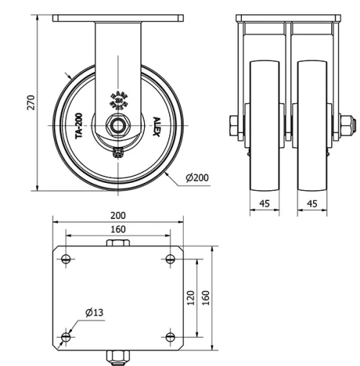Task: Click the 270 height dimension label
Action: click(x=30, y=103)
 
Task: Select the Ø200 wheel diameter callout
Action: click(x=197, y=178)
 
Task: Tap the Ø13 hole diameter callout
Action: click(x=94, y=312)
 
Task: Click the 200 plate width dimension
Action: click(x=118, y=215)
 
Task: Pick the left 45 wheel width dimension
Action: click(x=264, y=204)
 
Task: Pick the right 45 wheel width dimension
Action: click(x=312, y=204)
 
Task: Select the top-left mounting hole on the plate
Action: click(x=66, y=259)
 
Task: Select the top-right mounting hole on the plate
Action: click(x=170, y=259)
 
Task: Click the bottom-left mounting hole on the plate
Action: click(x=66, y=336)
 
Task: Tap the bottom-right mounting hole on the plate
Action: click(x=170, y=336)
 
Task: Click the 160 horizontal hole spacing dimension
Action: click(x=118, y=230)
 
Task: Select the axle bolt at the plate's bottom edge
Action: click(x=118, y=356)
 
